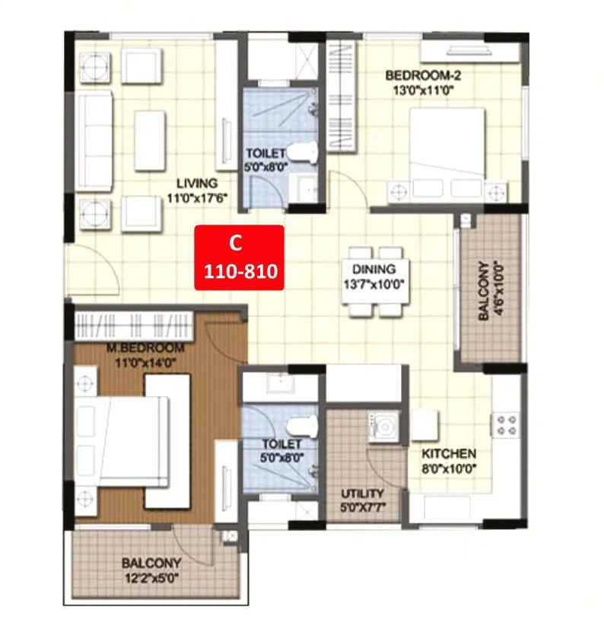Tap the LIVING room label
pos(197,183)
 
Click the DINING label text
pos(374,269)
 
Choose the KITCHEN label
pos(450,452)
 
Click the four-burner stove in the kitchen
pos(507,423)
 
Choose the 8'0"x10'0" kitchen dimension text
pos(450,465)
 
